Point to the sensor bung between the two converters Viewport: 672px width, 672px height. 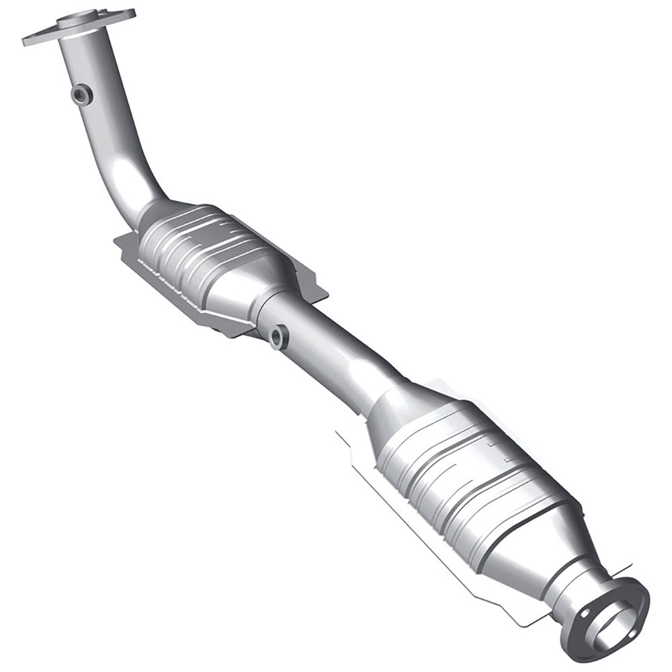pyautogui.click(x=278, y=335)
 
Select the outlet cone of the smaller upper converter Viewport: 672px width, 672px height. pyautogui.click(x=269, y=289)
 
